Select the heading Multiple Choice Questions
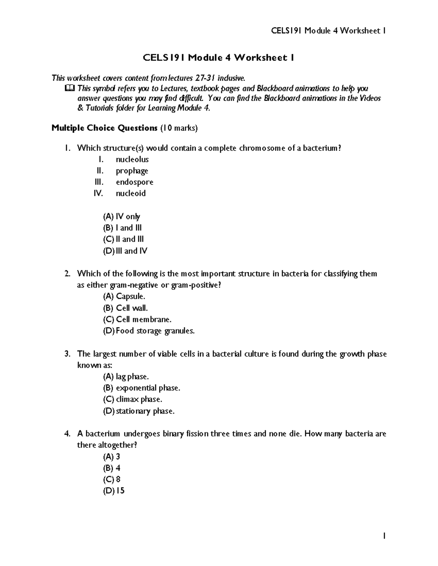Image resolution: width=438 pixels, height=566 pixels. (x=104, y=128)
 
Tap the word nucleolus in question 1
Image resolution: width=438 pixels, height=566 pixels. (x=132, y=159)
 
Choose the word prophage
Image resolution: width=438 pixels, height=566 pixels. (x=132, y=171)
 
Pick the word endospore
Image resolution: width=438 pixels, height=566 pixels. (x=134, y=182)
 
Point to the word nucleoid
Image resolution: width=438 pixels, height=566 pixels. (x=131, y=194)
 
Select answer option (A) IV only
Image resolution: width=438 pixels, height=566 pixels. (x=122, y=216)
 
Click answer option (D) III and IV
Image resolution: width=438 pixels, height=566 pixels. (x=125, y=251)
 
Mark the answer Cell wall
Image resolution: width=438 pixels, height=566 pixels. (x=131, y=308)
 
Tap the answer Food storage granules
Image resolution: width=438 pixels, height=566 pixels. (x=155, y=331)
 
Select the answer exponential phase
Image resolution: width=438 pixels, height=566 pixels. (x=148, y=388)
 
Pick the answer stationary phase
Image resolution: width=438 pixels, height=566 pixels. (x=145, y=411)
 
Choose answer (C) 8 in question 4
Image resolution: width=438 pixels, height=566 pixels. (x=112, y=479)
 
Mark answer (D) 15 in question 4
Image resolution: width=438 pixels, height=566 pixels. (x=114, y=491)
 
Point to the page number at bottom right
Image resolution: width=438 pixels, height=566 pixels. (x=384, y=536)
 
